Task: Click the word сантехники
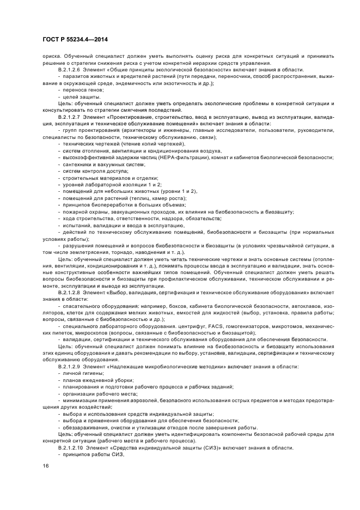pyautogui.click(x=78, y=164)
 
